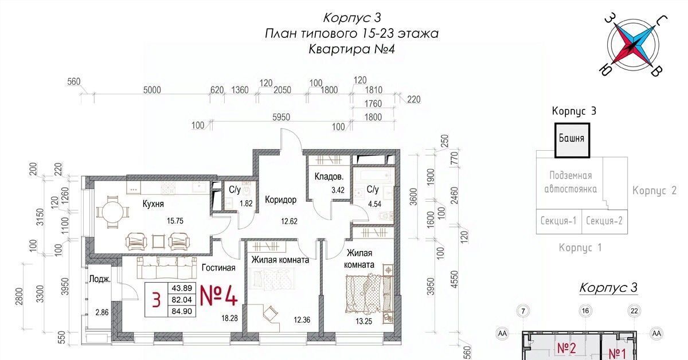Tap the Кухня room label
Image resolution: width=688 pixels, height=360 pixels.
[153, 204]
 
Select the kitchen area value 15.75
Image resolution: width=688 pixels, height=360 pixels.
[175, 221]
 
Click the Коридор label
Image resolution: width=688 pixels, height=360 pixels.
[281, 200]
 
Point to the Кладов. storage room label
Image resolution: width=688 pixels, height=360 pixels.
[329, 177]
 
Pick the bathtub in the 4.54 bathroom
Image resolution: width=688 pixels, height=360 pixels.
[373, 176]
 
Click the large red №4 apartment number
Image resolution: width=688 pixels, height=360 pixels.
[218, 295]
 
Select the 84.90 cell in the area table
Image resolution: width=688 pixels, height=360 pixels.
[182, 311]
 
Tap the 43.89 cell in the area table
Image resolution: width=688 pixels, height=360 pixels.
[182, 288]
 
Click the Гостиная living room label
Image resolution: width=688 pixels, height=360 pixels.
[218, 268]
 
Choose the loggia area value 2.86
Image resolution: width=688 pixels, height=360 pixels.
[101, 312]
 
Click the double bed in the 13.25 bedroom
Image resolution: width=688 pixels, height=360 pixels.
[363, 294]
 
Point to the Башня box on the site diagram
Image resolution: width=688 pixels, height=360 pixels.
[572, 140]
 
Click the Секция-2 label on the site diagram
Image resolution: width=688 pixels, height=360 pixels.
[604, 221]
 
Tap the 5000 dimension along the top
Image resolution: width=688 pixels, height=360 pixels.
[152, 90]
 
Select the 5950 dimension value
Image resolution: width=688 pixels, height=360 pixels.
[281, 117]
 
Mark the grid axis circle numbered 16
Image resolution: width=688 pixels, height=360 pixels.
[585, 311]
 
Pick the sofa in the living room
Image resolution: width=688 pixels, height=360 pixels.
[167, 268]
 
